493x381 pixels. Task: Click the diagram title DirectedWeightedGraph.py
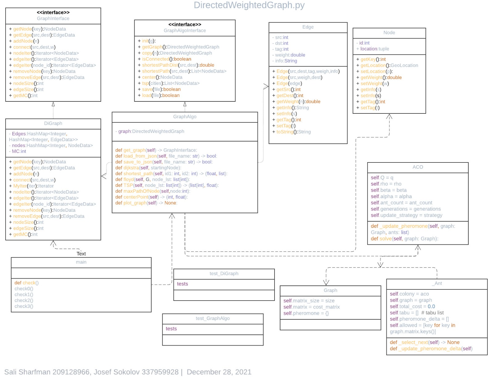pyautogui.click(x=249, y=5)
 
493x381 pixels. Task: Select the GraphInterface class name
pyautogui.click(x=53, y=18)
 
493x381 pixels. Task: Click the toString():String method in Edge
pyautogui.click(x=293, y=132)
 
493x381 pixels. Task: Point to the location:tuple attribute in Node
pyautogui.click(x=374, y=49)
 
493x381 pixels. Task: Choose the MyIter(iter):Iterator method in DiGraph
pyautogui.click(x=33, y=186)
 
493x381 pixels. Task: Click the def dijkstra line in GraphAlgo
pyautogui.click(x=148, y=168)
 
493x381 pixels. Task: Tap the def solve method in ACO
pyautogui.click(x=404, y=239)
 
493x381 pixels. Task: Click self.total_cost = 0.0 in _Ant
pyautogui.click(x=412, y=306)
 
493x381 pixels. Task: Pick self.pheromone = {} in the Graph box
pyautogui.click(x=306, y=313)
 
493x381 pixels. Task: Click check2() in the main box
pyautogui.click(x=24, y=300)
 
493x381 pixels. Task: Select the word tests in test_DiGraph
pyautogui.click(x=182, y=284)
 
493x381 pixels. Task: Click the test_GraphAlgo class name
pyautogui.click(x=213, y=318)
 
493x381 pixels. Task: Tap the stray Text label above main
pyautogui.click(x=81, y=254)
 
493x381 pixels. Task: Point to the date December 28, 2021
pyautogui.click(x=219, y=372)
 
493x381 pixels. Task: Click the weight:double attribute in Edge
pyautogui.click(x=290, y=55)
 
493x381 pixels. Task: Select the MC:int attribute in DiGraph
pyautogui.click(x=19, y=151)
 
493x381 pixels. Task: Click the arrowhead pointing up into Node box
pyautogui.click(x=389, y=117)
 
